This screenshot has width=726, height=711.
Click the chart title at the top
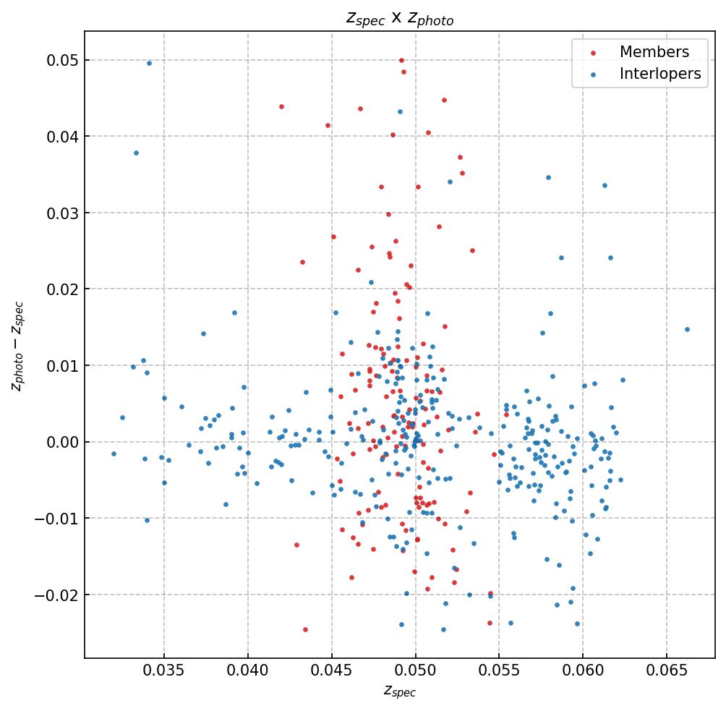coord(400,19)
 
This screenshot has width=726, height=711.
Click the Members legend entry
coord(654,52)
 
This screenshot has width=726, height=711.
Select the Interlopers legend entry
coord(659,74)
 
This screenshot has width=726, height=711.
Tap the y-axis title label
coord(17,346)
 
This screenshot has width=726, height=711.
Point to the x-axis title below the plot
coord(400,691)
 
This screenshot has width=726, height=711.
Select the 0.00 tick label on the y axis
coord(62,442)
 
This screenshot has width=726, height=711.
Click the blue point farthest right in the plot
coord(687,329)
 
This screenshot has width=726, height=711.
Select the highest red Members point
coord(402,60)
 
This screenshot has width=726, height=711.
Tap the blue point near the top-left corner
coord(149,63)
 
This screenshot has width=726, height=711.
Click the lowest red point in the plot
coord(305,629)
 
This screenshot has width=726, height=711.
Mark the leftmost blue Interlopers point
coord(114,454)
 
